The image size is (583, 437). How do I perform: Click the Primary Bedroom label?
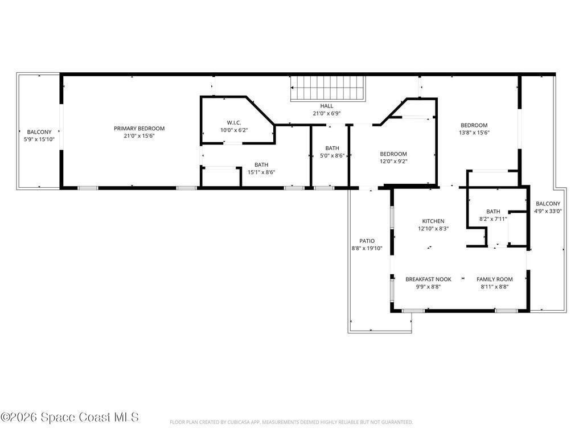139,129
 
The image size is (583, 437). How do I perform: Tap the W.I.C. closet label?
233,122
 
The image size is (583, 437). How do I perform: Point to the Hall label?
326,106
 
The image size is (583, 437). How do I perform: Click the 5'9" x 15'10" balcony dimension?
39,139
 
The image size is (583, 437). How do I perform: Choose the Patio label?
367,241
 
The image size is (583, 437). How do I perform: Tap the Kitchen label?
433,221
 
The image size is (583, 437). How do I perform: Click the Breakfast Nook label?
428,279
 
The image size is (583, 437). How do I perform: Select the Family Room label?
494,279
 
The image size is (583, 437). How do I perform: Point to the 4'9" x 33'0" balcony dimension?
548,211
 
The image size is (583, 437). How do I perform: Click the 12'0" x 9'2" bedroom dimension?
393,161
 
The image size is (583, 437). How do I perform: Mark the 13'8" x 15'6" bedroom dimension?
474,133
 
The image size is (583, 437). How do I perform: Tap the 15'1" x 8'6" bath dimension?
261,172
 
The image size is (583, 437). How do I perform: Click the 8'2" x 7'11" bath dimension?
493,218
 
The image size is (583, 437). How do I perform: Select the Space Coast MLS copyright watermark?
69,417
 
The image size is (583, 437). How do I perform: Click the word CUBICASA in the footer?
228,422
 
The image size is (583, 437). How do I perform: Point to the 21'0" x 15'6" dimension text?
139,136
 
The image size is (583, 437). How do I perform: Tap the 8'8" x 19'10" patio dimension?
367,248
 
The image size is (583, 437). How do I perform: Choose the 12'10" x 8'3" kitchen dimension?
433,229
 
